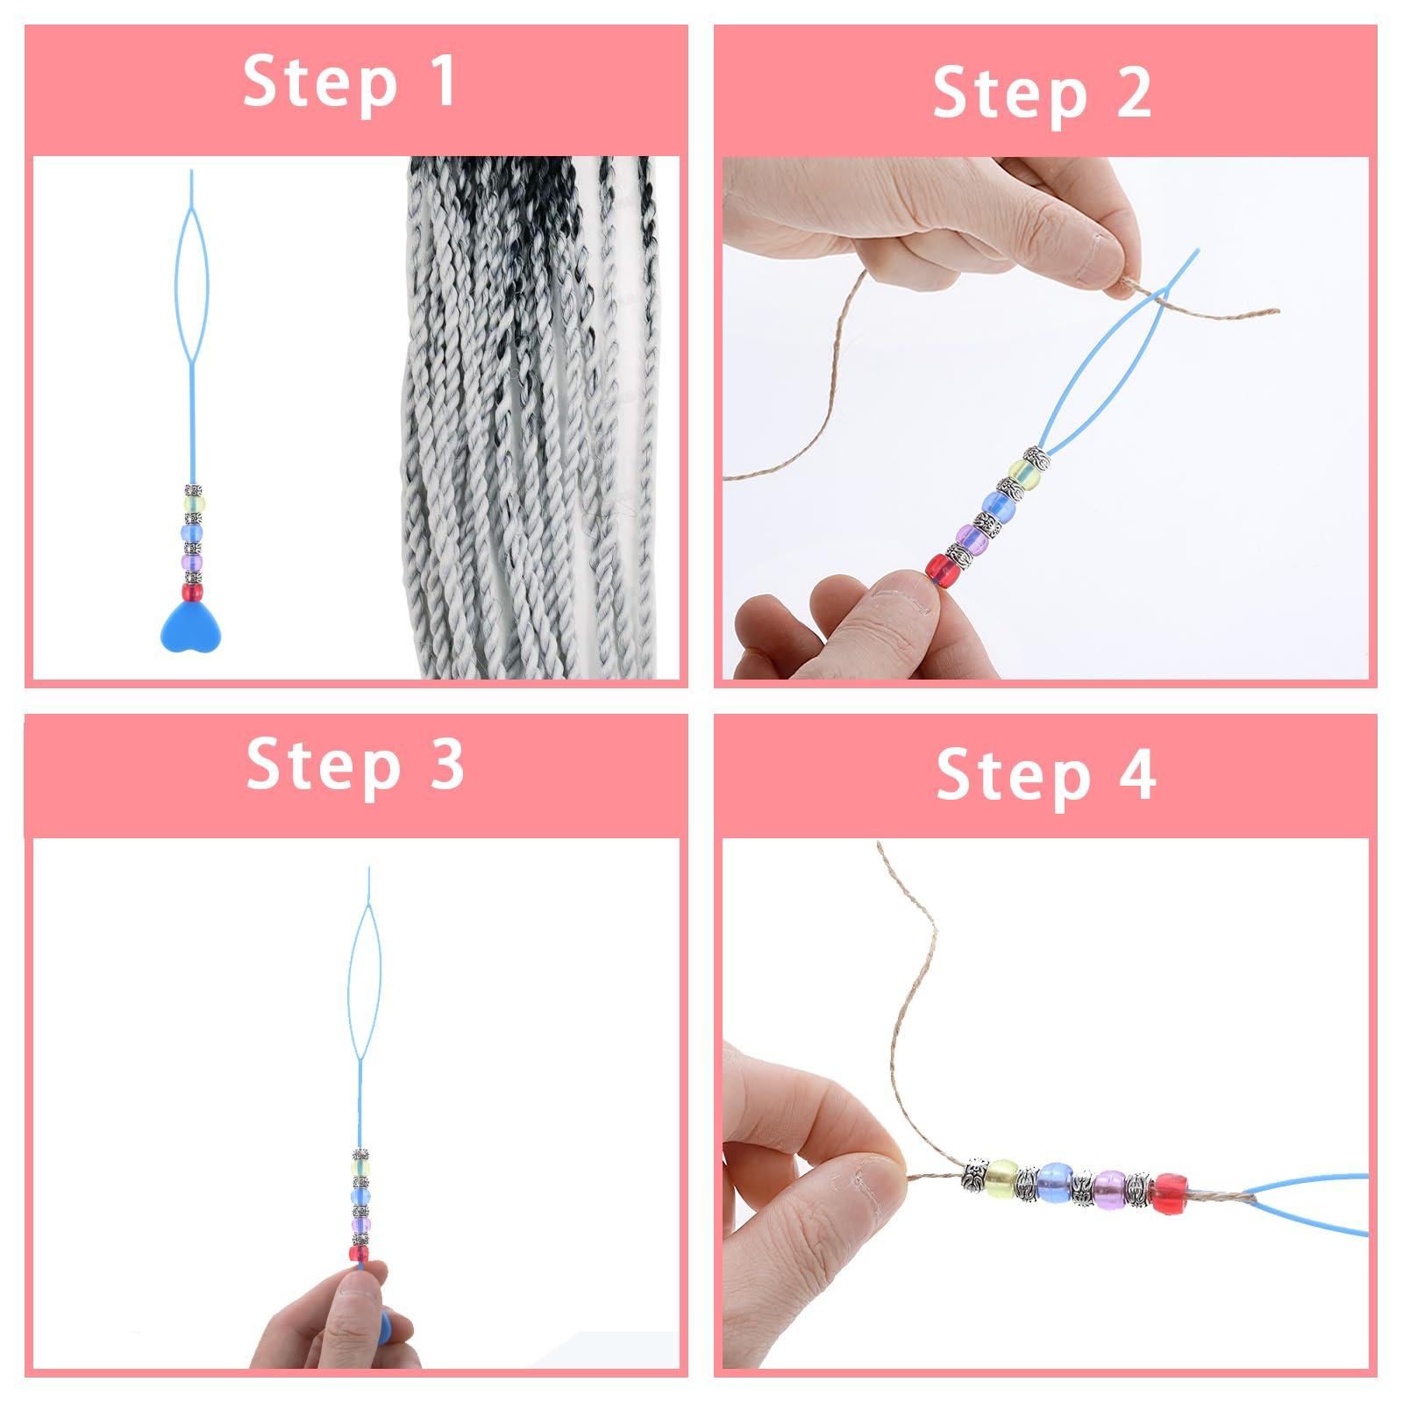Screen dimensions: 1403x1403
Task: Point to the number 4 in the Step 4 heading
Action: tap(1136, 775)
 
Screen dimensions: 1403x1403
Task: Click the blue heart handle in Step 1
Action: tap(191, 622)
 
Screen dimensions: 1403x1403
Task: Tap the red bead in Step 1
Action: tap(191, 592)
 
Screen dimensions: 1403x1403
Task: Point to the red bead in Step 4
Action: tap(1175, 1193)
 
